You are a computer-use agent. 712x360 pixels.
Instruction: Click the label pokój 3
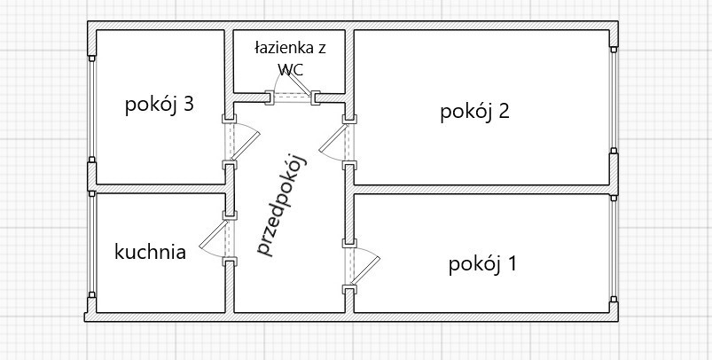(x=160, y=106)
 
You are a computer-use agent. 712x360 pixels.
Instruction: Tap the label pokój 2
(x=474, y=112)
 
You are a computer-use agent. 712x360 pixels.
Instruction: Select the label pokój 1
(x=483, y=263)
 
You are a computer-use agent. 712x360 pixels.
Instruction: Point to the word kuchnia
(x=151, y=252)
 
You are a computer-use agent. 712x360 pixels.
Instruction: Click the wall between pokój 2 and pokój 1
(x=483, y=189)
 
